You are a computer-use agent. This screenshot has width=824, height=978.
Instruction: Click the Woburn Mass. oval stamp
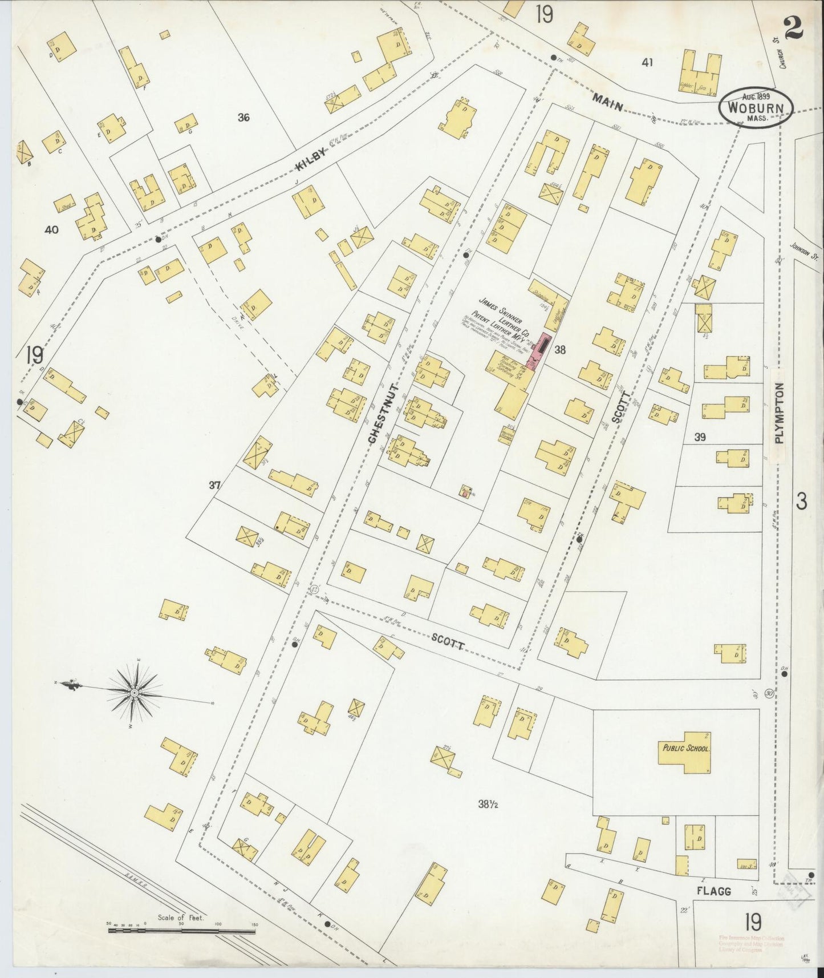click(756, 107)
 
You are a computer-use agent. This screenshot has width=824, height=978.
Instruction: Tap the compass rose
click(134, 692)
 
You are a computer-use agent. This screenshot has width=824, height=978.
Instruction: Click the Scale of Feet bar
click(181, 931)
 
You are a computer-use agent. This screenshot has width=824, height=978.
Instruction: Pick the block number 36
click(244, 118)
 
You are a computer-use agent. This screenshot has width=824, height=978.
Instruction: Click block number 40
click(51, 230)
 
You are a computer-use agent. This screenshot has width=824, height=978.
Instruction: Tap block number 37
click(214, 486)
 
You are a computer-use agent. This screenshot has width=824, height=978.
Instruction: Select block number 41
click(647, 63)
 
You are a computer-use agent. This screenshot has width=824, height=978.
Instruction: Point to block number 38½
click(488, 805)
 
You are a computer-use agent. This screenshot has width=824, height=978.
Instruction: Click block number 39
click(700, 437)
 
